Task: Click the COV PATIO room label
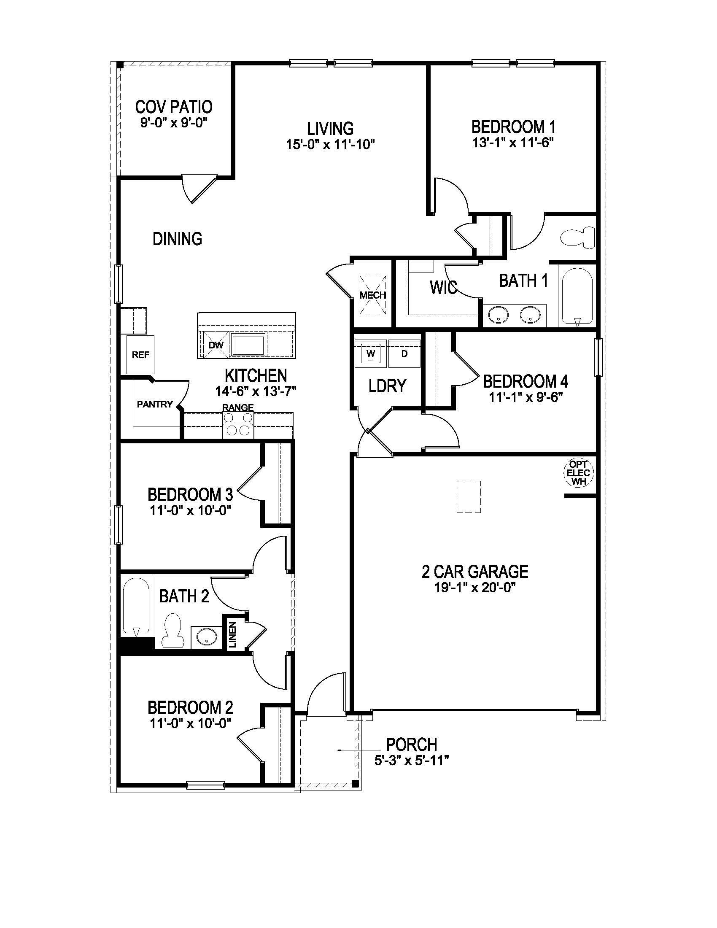(x=174, y=107)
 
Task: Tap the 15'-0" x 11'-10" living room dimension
(x=330, y=144)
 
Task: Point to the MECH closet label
(x=373, y=295)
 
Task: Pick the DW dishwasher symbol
(x=216, y=345)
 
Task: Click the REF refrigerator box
(x=140, y=354)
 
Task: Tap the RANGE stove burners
(x=238, y=425)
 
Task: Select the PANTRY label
(x=155, y=404)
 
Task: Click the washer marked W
(x=371, y=353)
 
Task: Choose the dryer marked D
(x=404, y=353)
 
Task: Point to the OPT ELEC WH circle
(x=578, y=473)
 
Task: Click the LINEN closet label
(x=232, y=635)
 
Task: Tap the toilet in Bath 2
(x=173, y=631)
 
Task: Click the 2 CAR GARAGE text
(x=474, y=572)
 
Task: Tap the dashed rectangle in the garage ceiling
(x=469, y=497)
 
